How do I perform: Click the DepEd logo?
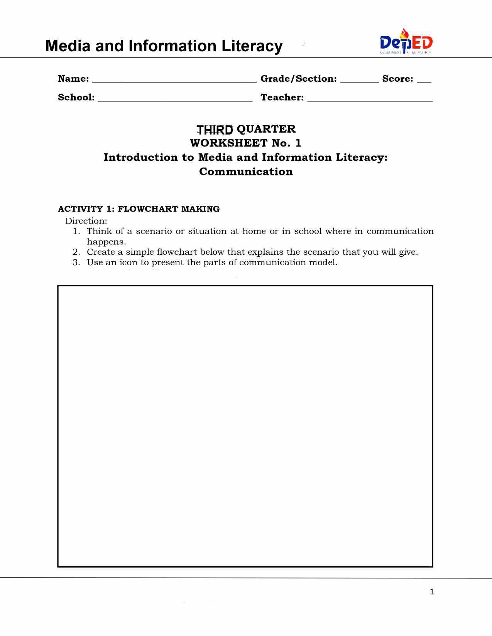(406, 42)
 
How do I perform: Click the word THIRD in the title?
(215, 130)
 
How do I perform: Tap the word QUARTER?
(266, 129)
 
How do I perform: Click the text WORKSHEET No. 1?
(245, 143)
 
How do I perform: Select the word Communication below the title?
(246, 172)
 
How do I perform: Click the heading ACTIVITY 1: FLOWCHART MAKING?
(139, 209)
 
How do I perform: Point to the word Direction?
(86, 221)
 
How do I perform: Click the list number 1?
(76, 231)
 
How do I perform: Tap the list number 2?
(76, 252)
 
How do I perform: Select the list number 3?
(76, 262)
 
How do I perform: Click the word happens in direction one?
(106, 242)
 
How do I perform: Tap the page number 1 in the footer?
(432, 592)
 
